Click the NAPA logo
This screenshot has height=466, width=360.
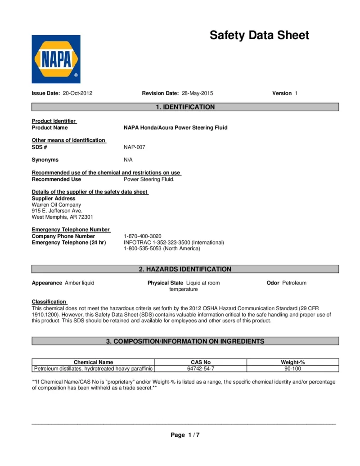56,59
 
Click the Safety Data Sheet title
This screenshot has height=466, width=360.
259,36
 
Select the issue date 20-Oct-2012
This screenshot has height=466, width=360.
77,93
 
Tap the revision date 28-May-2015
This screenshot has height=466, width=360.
197,93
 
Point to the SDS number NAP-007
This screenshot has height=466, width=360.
135,147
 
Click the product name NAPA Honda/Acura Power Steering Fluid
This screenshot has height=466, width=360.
175,127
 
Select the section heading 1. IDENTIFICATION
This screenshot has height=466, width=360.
185,107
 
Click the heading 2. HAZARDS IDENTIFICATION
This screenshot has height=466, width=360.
185,269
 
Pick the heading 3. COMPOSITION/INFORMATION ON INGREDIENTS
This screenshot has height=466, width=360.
185,341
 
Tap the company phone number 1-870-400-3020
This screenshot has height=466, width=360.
142,236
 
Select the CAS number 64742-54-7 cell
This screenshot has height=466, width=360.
201,369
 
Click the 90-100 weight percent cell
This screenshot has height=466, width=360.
293,369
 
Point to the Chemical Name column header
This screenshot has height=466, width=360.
93,362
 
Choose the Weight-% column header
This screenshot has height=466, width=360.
293,362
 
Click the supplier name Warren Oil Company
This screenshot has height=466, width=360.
56,204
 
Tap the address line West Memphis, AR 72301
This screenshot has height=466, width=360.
62,217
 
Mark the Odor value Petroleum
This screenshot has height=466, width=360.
294,283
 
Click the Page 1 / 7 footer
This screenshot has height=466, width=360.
185,435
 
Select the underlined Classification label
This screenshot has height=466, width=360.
49,302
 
